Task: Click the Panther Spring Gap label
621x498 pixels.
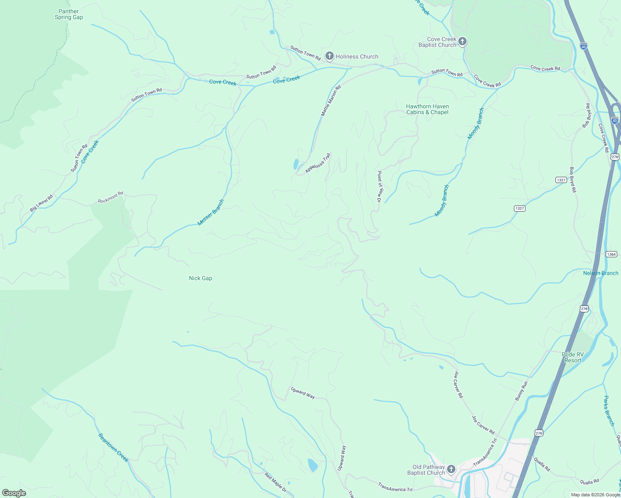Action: point(69,15)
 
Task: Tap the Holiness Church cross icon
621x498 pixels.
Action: point(330,56)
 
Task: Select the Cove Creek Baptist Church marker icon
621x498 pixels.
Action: point(462,41)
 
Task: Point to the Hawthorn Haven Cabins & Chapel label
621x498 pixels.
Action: point(427,110)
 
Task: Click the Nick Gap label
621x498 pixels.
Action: point(200,278)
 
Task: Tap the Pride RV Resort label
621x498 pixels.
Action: point(573,357)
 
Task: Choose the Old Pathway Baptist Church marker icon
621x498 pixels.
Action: point(451,469)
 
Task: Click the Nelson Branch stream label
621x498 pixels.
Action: point(600,273)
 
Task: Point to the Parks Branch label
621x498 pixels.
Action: point(609,411)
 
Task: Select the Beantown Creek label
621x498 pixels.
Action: point(113,447)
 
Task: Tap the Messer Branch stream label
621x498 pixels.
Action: point(211,212)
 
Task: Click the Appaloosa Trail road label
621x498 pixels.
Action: point(318,163)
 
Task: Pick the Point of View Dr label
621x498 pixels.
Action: point(379,186)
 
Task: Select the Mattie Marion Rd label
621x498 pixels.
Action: point(331,100)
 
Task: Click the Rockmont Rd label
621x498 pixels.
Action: point(111,198)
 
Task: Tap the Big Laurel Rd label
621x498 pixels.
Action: point(42,203)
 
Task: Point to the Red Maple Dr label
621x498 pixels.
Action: point(276,482)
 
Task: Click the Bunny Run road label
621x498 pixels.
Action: point(521,391)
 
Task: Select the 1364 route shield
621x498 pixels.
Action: point(611,254)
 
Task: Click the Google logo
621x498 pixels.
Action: point(14,493)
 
